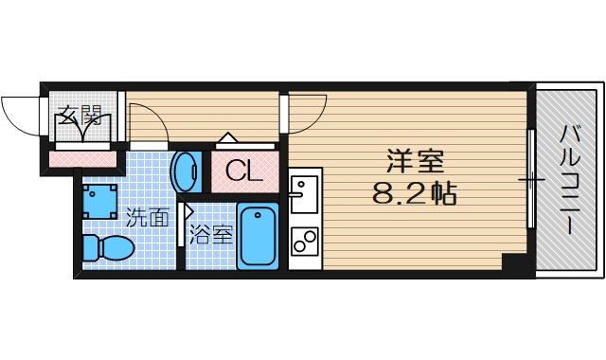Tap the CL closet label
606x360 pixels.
point(243,171)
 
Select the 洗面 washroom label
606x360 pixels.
point(149,217)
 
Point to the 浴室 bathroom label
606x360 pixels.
point(211,234)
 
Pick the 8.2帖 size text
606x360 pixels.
point(415,195)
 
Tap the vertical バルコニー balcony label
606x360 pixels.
point(569,180)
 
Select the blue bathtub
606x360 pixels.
point(257,236)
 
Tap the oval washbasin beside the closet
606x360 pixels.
point(186,171)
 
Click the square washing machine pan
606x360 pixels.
point(100,200)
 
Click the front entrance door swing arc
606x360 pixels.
point(19,113)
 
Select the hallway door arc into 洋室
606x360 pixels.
point(305,117)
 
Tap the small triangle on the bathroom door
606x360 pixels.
point(189,212)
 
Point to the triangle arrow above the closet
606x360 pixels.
point(227,138)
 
